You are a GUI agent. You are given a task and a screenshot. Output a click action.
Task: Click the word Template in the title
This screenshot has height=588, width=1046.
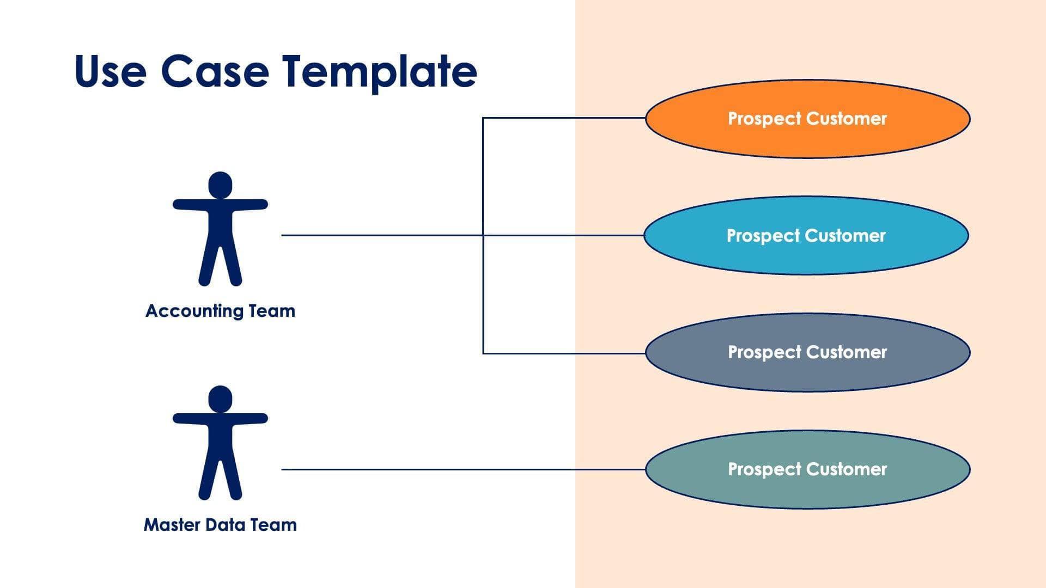380,71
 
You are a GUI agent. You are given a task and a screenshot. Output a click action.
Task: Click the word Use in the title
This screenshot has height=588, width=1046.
111,71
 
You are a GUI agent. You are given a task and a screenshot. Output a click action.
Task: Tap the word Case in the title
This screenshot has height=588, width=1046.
215,71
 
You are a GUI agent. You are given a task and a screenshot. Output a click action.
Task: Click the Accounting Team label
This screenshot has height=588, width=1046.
220,311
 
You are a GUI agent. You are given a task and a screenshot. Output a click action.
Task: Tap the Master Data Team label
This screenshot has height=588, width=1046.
220,525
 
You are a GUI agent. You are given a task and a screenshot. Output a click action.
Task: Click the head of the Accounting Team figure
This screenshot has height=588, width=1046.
220,185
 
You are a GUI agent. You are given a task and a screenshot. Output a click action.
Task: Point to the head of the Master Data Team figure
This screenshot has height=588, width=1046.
220,399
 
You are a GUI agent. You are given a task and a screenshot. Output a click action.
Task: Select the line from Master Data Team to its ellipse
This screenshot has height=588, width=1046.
463,469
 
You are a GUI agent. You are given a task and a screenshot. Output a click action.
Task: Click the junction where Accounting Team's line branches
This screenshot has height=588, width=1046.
483,235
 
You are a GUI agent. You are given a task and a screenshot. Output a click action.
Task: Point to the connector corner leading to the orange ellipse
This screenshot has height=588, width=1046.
483,118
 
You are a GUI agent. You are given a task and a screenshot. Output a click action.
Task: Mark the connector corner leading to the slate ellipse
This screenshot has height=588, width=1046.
483,353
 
